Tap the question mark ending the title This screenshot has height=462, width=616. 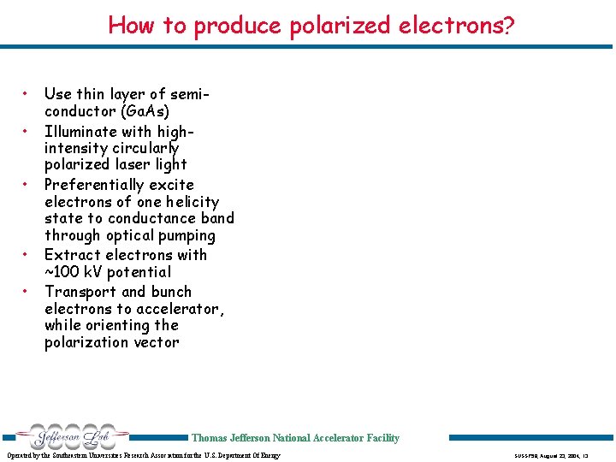[x=509, y=25]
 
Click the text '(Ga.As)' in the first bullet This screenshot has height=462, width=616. [x=145, y=111]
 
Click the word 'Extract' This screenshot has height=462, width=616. [x=74, y=255]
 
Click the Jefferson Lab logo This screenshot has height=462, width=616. [x=65, y=436]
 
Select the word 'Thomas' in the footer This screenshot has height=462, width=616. [x=210, y=438]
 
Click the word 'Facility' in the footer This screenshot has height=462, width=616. [x=382, y=438]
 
